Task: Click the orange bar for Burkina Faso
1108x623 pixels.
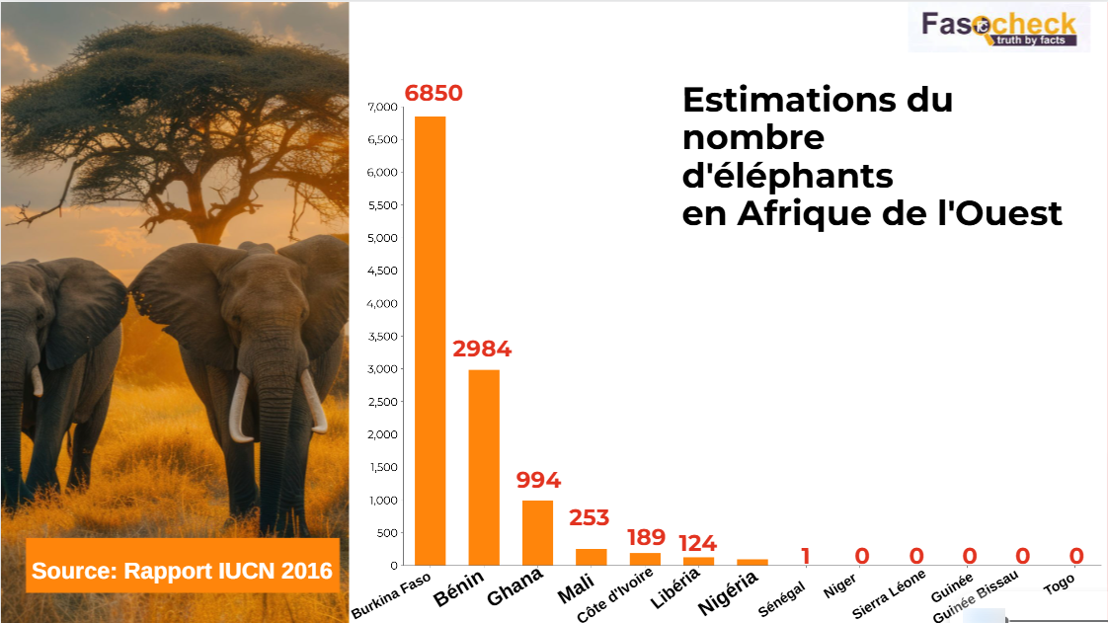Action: pyautogui.click(x=430, y=341)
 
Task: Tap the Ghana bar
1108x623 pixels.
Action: pyautogui.click(x=537, y=532)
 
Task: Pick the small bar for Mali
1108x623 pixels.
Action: pyautogui.click(x=591, y=557)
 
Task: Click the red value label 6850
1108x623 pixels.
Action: pyautogui.click(x=434, y=94)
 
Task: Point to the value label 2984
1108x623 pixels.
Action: pyautogui.click(x=482, y=350)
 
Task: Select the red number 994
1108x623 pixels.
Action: pyautogui.click(x=538, y=481)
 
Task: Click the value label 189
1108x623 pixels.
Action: pyautogui.click(x=647, y=538)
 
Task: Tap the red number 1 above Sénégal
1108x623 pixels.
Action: pyautogui.click(x=806, y=557)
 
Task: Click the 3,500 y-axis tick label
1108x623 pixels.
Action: pyautogui.click(x=381, y=337)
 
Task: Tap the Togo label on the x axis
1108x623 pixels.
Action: pyautogui.click(x=1060, y=585)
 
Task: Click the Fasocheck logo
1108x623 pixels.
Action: pyautogui.click(x=998, y=28)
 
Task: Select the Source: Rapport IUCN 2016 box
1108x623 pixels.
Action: pyautogui.click(x=182, y=570)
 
